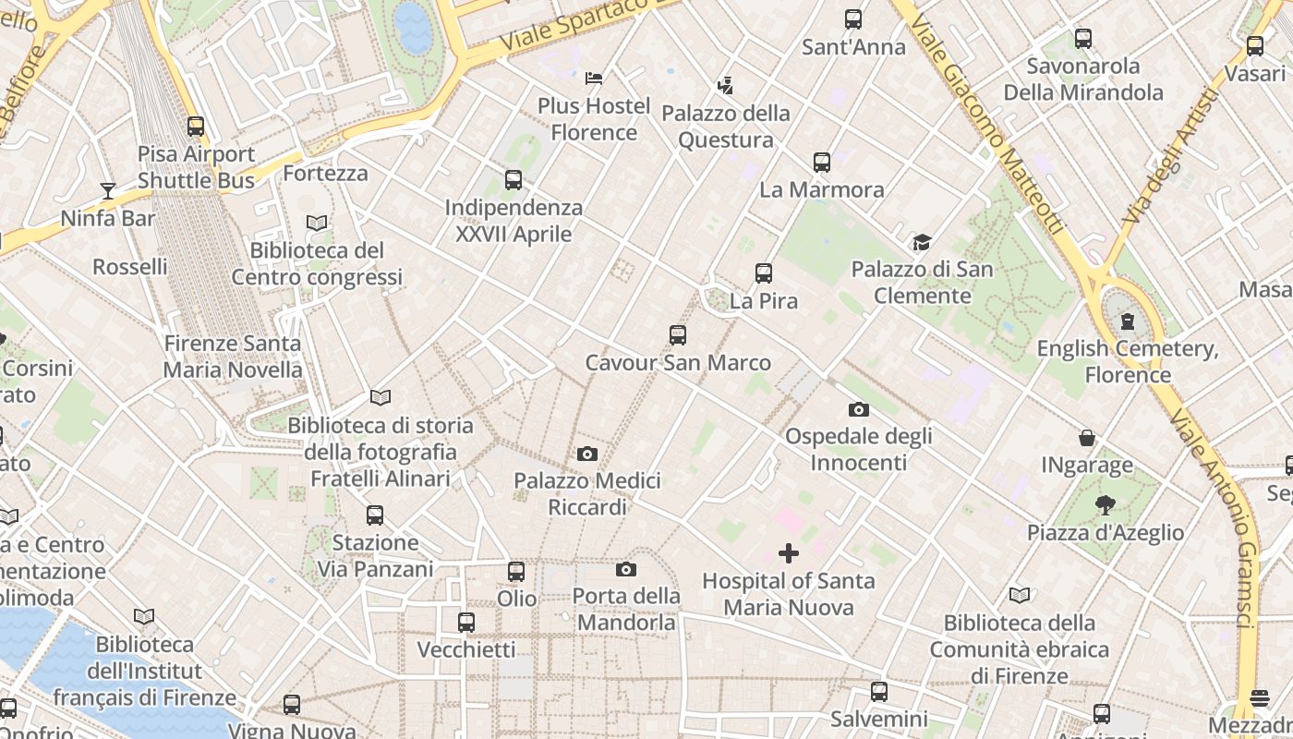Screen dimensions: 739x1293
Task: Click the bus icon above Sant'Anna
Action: click(x=853, y=19)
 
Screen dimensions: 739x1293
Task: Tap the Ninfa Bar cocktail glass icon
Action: click(x=108, y=191)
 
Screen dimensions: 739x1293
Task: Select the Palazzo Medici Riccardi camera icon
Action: click(x=586, y=454)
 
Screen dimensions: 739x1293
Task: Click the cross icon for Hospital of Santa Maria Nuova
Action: click(x=789, y=553)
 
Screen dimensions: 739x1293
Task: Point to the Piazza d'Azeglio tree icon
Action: click(x=1105, y=504)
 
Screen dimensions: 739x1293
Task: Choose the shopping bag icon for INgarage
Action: click(x=1087, y=438)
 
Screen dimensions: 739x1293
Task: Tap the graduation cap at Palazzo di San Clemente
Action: click(x=922, y=242)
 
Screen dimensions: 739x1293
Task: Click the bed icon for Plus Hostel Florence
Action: click(x=594, y=78)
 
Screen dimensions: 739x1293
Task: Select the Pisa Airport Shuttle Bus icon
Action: click(x=196, y=127)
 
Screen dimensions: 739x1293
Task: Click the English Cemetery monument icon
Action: click(x=1127, y=321)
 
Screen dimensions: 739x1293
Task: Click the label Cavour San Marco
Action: click(x=678, y=363)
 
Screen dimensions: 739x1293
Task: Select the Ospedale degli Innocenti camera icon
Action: click(x=859, y=409)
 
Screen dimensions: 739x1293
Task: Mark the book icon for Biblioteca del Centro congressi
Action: click(x=317, y=223)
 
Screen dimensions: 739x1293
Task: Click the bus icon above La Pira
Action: click(x=763, y=273)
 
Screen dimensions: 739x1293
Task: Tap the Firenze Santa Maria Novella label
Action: click(x=233, y=357)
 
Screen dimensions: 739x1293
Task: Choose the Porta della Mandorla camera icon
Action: click(x=626, y=570)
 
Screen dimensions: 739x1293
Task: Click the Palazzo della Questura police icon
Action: click(x=726, y=86)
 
